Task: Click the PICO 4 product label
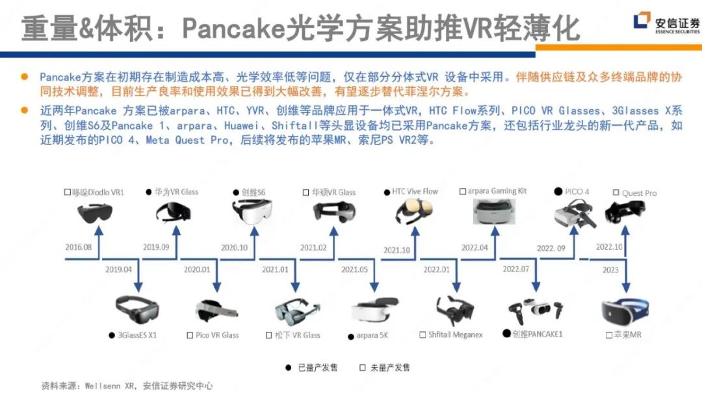(x=573, y=192)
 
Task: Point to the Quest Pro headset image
(x=625, y=211)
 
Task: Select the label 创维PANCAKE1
(x=532, y=333)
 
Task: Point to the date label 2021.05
(x=354, y=269)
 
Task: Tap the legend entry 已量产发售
(x=313, y=368)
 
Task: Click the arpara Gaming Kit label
(x=493, y=191)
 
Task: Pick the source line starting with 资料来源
(x=127, y=385)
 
